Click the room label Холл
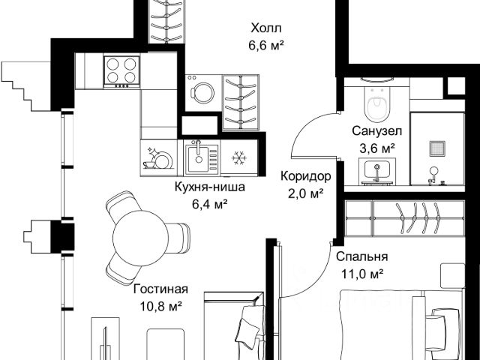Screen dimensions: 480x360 pos(265,28)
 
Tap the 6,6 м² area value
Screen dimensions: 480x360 pos(265,46)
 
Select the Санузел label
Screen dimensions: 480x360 pos(376,131)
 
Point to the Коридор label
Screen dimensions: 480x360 pos(306,176)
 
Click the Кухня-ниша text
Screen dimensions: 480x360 pos(210,187)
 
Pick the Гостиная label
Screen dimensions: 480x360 pos(160,289)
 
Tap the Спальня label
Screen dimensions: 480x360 pos(361,256)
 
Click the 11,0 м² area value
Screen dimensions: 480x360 pos(363,274)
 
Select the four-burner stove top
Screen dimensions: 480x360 pos(121,72)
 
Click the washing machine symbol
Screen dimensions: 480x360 pos(202,93)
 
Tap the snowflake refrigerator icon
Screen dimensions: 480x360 pos(239,158)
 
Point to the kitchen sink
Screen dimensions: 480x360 pos(202,158)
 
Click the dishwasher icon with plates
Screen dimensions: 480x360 pos(158,158)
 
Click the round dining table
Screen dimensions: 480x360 pos(140,238)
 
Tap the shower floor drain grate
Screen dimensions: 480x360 pos(437,148)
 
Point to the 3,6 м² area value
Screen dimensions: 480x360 pos(376,148)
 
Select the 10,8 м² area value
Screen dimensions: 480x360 pos(160,307)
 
